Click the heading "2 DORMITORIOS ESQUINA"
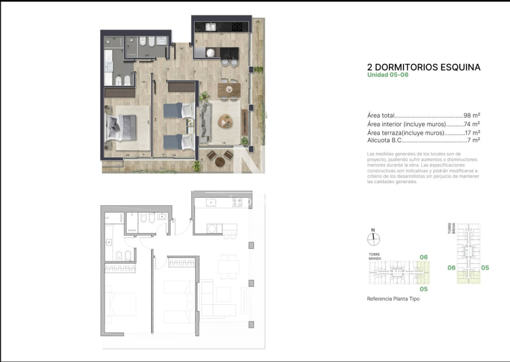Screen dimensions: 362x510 pyautogui.click(x=423, y=67)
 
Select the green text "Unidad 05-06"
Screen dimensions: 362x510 pyautogui.click(x=388, y=75)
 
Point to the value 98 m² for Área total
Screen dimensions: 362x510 pyautogui.click(x=472, y=115)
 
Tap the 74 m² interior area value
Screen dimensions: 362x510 pyautogui.click(x=472, y=124)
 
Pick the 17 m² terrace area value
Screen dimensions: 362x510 pyautogui.click(x=472, y=132)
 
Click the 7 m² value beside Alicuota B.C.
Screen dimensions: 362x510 pyautogui.click(x=474, y=140)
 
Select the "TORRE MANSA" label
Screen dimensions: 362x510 pyautogui.click(x=375, y=256)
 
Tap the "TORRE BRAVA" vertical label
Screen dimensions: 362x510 pyautogui.click(x=451, y=227)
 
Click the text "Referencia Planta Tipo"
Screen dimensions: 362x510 pyautogui.click(x=393, y=299)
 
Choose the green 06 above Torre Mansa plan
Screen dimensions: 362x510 pyautogui.click(x=423, y=257)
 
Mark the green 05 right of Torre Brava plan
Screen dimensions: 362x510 pyautogui.click(x=485, y=268)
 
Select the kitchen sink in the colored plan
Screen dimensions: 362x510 pyautogui.click(x=211, y=27)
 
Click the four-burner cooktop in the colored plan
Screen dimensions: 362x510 pyautogui.click(x=237, y=27)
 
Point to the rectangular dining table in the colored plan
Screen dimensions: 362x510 pyautogui.click(x=229, y=90)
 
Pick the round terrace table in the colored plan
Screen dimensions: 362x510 pyautogui.click(x=220, y=161)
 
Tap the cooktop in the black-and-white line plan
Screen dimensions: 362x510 pyautogui.click(x=237, y=202)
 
